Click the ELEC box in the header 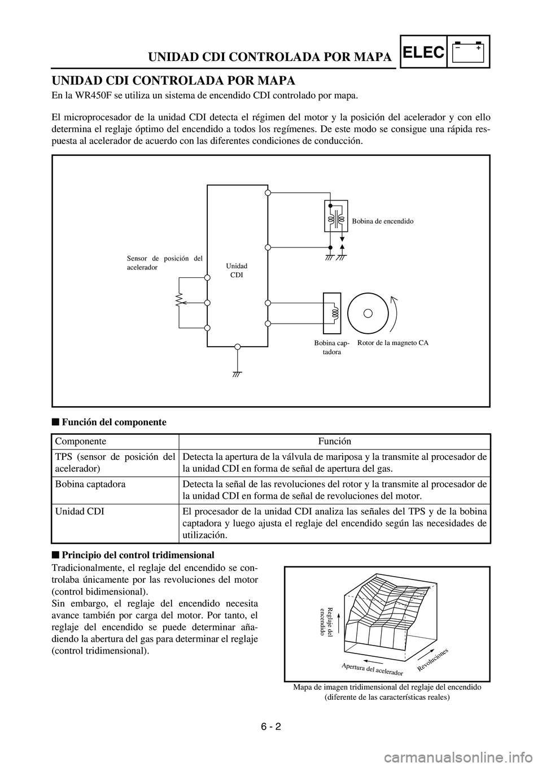[x=425, y=52]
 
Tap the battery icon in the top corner [x=468, y=52]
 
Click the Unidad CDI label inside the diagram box [x=237, y=270]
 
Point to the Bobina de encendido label [x=383, y=221]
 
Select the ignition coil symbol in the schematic [x=336, y=216]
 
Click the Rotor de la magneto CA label [x=393, y=343]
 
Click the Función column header [x=334, y=441]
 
